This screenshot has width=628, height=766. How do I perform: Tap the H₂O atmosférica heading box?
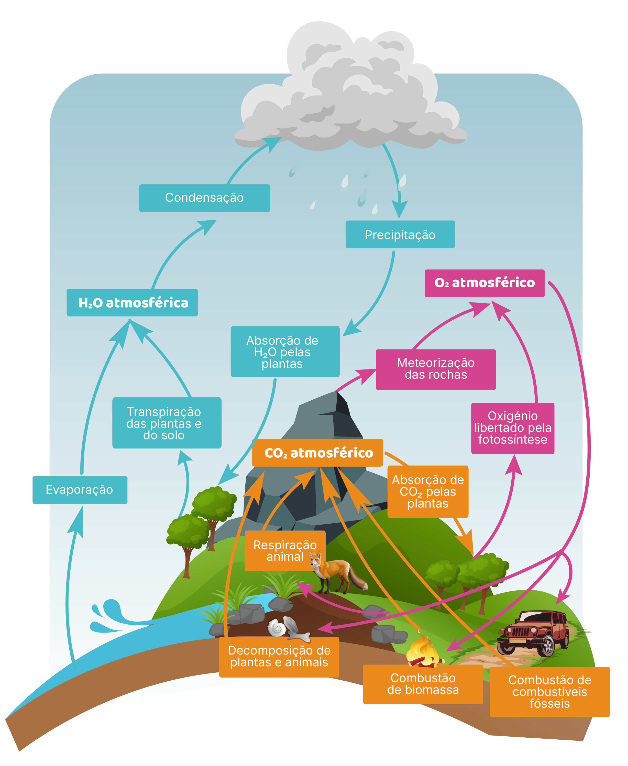coord(132,302)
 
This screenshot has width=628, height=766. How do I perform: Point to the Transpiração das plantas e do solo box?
coord(167,423)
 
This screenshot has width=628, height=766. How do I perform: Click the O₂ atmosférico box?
coord(484,283)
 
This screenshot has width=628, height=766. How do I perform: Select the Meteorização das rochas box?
coord(436,369)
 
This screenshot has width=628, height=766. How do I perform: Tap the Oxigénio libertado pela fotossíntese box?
coord(513,428)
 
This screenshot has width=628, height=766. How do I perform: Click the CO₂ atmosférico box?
coord(317,453)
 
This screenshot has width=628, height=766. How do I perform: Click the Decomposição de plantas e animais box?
coord(279,657)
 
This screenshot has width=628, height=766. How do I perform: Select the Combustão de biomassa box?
coord(423,684)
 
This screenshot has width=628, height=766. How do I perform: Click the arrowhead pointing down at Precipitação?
coord(399,210)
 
